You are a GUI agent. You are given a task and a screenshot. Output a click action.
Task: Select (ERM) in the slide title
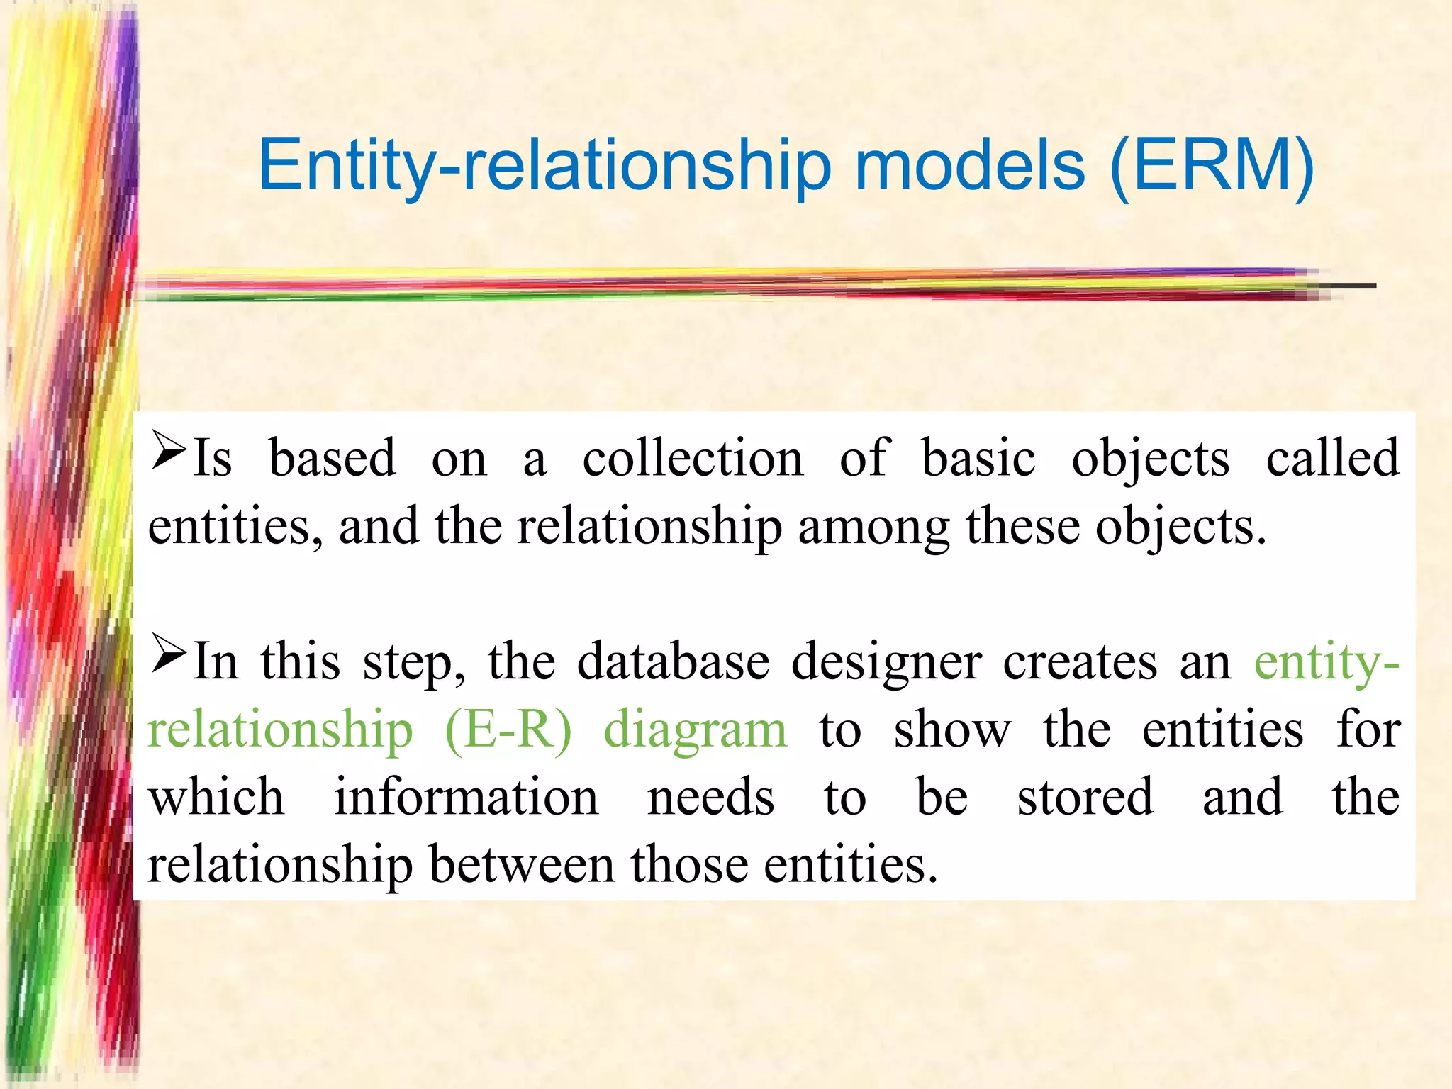pos(1212,167)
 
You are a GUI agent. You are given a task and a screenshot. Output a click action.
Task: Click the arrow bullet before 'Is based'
pos(169,452)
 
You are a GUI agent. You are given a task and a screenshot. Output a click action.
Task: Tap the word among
pos(873,527)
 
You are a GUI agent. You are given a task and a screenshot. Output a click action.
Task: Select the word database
pos(673,662)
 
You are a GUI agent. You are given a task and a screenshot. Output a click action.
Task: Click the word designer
pos(886,664)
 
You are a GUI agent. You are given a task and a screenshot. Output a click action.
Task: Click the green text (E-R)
pos(508,730)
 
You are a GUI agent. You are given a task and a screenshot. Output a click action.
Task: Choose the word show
pos(951,730)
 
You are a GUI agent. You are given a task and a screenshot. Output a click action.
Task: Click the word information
pos(466,797)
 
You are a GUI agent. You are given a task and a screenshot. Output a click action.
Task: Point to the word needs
pos(710,798)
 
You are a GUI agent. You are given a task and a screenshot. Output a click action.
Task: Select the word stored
pos(1085,797)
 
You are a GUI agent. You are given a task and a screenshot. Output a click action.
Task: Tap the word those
pos(689,864)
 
